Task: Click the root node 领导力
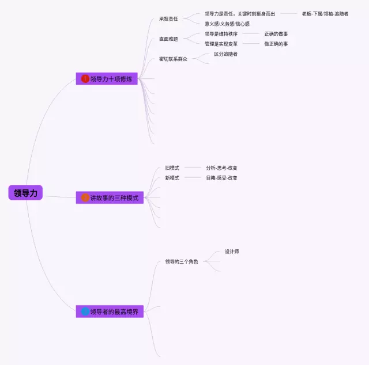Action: click(25, 193)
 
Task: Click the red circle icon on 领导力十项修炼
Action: click(85, 79)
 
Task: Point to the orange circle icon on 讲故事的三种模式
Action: click(85, 197)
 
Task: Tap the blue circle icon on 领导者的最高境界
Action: click(85, 311)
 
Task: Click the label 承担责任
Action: click(168, 18)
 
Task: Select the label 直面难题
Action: click(168, 39)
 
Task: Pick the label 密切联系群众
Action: click(173, 59)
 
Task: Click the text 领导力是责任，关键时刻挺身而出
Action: click(240, 14)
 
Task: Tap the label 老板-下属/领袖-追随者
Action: click(325, 14)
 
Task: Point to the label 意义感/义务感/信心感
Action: click(227, 24)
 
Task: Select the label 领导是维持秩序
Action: click(221, 34)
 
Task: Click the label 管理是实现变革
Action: click(221, 44)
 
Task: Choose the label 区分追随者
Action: click(225, 54)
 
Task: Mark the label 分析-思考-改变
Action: click(221, 168)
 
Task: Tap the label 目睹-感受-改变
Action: click(221, 178)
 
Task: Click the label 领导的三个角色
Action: click(181, 261)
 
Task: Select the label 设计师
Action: click(232, 252)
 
